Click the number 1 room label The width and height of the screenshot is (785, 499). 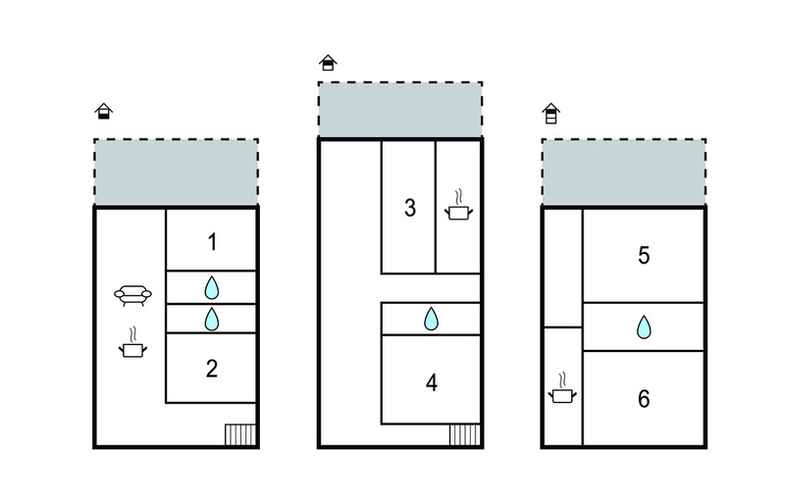(212, 242)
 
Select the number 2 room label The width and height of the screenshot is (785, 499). (212, 369)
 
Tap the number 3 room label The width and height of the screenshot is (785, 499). (410, 208)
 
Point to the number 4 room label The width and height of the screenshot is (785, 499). (432, 383)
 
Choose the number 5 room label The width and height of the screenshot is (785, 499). (644, 256)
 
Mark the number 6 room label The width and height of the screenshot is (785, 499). (644, 398)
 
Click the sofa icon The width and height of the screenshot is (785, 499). (132, 295)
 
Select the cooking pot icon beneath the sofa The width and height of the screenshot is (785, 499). (132, 343)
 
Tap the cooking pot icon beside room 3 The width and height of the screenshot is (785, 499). (458, 205)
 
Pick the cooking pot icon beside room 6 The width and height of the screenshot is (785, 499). (562, 387)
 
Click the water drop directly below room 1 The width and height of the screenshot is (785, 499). (212, 288)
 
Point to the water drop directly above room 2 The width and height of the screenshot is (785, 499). (212, 319)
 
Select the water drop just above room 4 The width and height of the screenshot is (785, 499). (431, 319)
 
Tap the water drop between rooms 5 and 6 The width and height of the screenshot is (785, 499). (644, 327)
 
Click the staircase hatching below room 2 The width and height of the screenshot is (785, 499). (240, 434)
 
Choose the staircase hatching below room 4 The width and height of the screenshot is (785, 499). (464, 434)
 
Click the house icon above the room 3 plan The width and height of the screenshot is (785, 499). (328, 63)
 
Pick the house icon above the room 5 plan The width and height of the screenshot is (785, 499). (550, 114)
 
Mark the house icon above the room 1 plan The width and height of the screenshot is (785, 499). (104, 111)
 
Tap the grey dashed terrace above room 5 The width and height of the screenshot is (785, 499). (624, 172)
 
